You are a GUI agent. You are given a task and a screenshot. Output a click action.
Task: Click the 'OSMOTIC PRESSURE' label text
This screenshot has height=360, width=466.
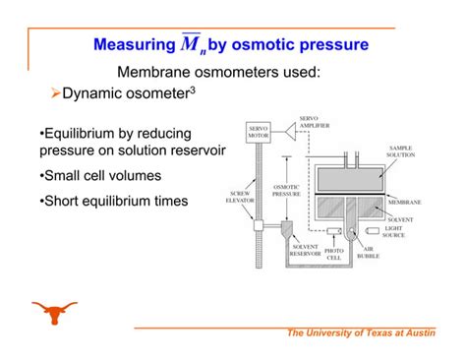(286, 191)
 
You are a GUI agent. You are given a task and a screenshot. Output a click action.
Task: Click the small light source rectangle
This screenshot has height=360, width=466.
(369, 231)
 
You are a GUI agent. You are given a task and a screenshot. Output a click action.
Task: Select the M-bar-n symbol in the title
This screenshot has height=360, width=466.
(188, 44)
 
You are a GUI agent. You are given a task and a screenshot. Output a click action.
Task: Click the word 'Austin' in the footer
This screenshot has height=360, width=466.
(414, 334)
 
